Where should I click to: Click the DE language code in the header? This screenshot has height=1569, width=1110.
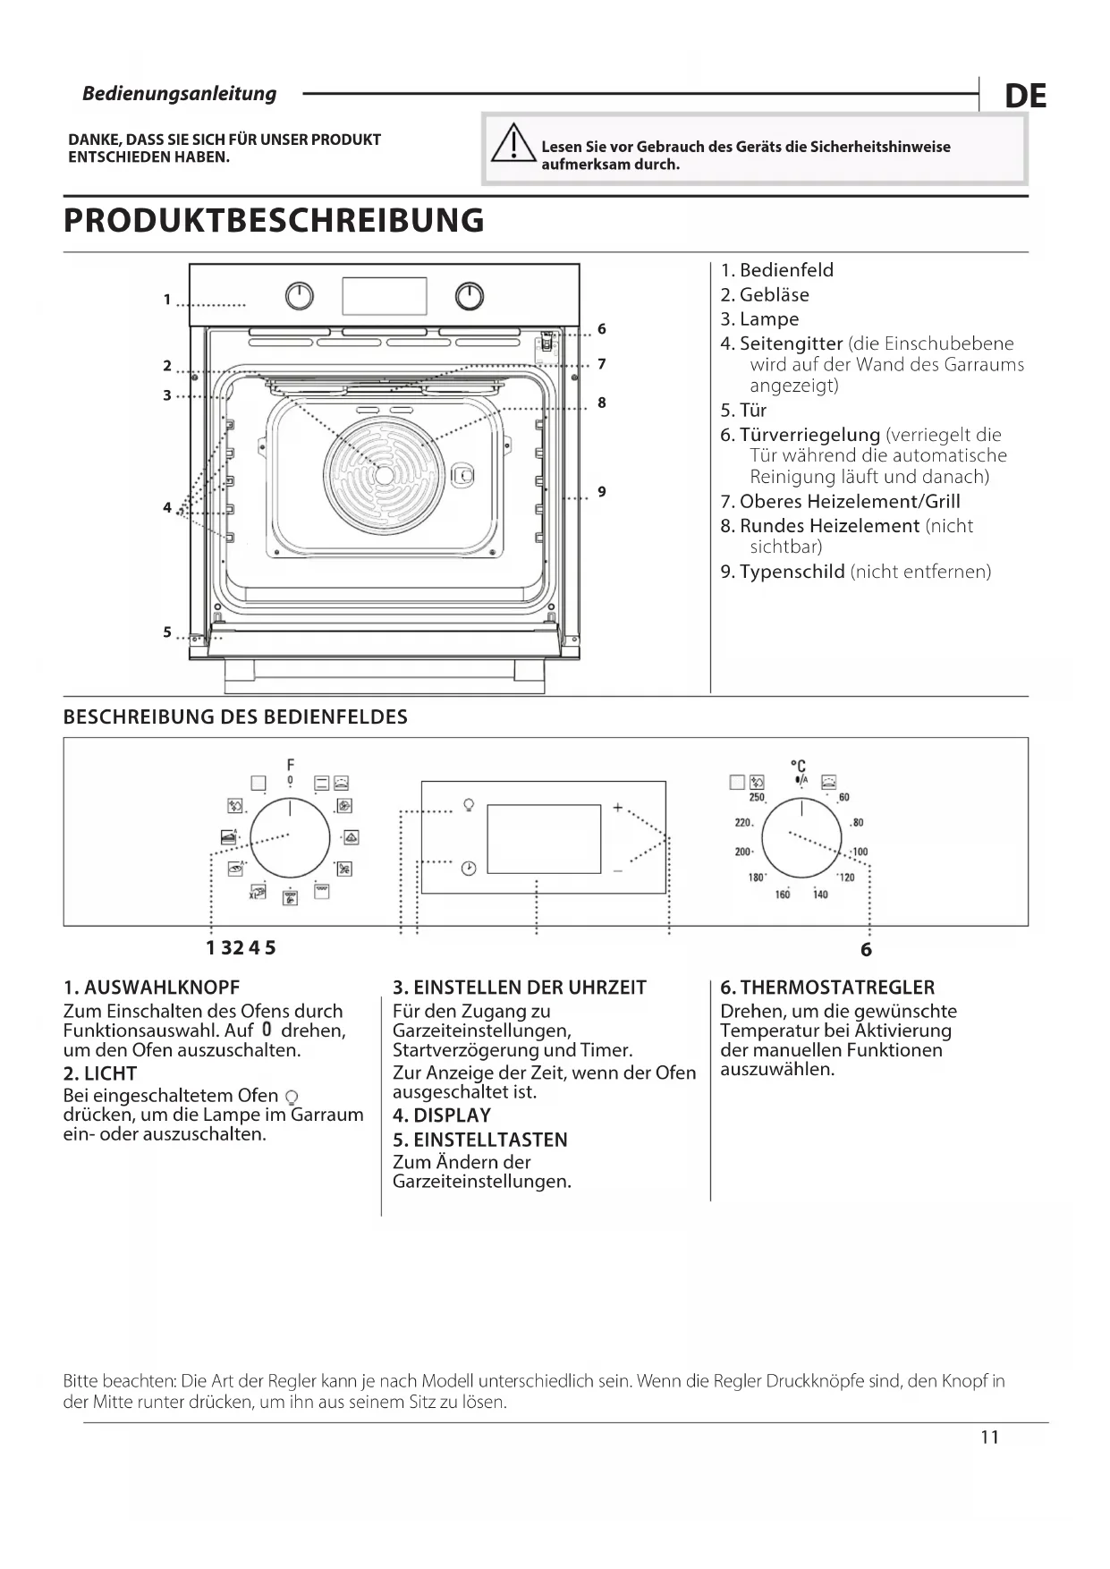click(x=1025, y=96)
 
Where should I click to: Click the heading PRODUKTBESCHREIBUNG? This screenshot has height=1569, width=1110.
click(x=274, y=220)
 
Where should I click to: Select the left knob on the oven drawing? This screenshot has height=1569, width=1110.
click(x=300, y=296)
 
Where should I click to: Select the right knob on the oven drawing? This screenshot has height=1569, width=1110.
click(x=469, y=296)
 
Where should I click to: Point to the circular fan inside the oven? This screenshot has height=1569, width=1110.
click(x=385, y=475)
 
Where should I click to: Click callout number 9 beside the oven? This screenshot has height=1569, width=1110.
click(x=602, y=491)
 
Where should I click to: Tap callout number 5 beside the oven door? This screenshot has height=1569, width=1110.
click(x=167, y=632)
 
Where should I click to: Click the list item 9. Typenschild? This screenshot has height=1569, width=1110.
click(x=855, y=572)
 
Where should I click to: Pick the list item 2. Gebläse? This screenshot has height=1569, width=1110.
click(x=765, y=294)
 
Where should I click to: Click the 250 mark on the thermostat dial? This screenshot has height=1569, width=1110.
click(x=757, y=797)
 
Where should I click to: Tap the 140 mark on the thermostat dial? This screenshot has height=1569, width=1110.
click(x=820, y=894)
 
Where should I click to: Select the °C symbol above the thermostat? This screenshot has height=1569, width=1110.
click(x=799, y=766)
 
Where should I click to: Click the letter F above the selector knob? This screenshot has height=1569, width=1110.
click(x=291, y=765)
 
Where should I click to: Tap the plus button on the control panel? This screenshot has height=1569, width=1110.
click(x=617, y=808)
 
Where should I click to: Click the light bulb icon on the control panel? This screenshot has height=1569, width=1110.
click(x=468, y=804)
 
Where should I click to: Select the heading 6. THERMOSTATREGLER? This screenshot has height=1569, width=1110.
click(x=827, y=988)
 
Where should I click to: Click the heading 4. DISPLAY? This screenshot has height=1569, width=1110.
click(x=442, y=1115)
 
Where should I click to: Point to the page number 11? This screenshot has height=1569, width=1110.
click(x=989, y=1438)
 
